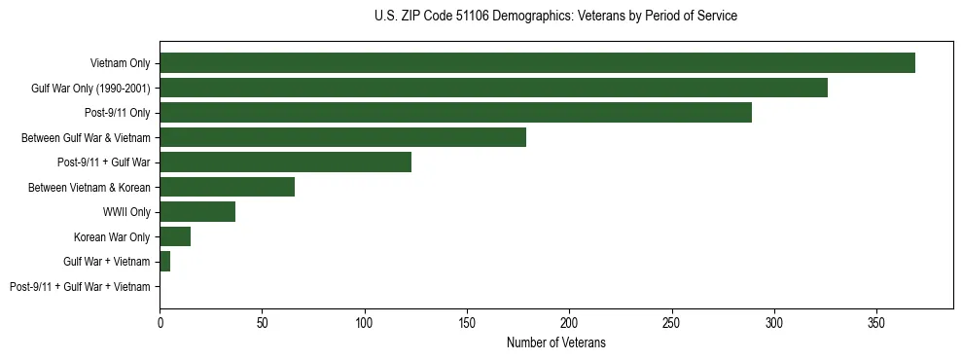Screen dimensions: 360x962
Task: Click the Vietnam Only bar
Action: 537,63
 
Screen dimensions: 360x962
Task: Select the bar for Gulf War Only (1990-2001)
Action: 493,89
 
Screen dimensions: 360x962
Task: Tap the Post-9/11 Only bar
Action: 455,113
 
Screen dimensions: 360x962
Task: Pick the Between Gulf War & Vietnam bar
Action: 342,137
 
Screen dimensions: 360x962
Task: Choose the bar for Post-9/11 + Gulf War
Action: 285,162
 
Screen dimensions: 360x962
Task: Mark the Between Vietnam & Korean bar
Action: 227,187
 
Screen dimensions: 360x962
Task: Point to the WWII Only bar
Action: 197,212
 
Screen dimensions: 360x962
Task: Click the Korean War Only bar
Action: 175,236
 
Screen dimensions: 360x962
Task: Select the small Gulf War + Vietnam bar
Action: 165,262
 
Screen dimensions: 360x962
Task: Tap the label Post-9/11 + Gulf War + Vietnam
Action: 80,286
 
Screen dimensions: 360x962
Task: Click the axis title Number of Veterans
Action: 555,342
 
